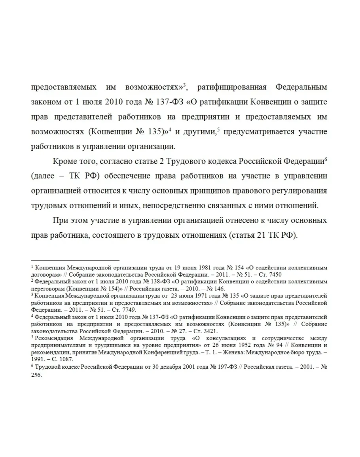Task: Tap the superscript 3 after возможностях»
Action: click(184, 84)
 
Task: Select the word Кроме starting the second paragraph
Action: click(63, 161)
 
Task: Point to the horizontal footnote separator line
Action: click(75, 260)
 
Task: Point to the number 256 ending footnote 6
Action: click(37, 375)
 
